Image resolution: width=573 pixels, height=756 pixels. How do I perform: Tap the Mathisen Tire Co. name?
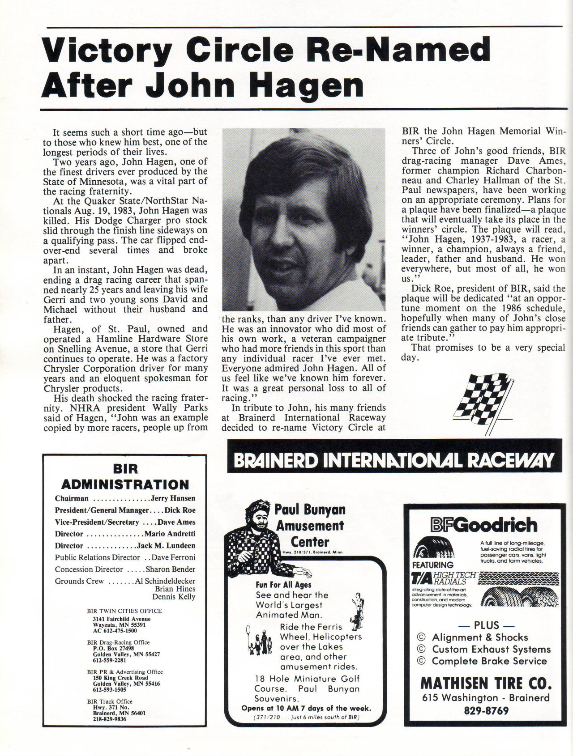[486, 684]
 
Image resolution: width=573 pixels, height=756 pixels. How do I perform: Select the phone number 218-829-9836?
[110, 719]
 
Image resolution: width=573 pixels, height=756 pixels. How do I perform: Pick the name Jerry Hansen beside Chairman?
[173, 498]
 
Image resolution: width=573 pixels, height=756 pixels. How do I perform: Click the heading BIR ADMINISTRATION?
[125, 477]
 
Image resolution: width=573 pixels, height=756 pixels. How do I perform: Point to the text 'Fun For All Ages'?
[283, 585]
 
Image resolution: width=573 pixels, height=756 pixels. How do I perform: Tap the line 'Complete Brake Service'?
[489, 661]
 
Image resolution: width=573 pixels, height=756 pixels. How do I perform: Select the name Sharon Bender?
[170, 569]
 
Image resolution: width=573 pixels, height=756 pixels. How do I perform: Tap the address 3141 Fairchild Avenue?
[122, 619]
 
